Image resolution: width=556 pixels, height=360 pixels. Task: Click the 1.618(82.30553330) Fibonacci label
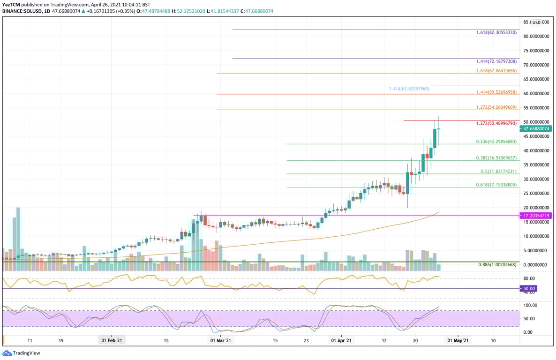pos(496,33)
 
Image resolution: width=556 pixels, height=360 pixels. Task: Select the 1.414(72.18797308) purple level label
pos(496,61)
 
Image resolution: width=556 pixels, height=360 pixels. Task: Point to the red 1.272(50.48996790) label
pos(496,124)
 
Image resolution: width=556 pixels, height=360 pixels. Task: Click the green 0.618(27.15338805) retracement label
pos(496,185)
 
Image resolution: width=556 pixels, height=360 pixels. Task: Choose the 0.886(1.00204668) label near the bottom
pos(497,265)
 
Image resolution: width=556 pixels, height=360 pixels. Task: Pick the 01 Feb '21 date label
pos(112,341)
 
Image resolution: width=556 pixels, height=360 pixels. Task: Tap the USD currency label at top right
pos(537,22)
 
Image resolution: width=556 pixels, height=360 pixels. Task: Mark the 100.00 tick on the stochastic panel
pos(531,305)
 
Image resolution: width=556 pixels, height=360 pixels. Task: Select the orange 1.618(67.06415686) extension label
pos(496,71)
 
